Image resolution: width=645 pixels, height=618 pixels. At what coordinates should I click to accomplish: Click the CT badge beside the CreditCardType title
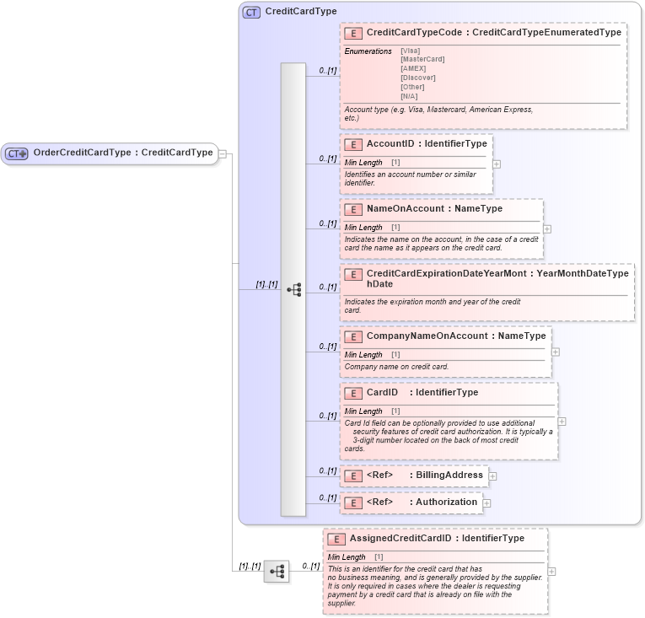coord(250,13)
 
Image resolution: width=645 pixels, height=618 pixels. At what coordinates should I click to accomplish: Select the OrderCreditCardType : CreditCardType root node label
coord(122,153)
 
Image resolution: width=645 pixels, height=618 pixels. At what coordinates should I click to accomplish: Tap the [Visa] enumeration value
coord(411,51)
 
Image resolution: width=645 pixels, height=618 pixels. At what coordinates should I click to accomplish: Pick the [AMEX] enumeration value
coord(413,68)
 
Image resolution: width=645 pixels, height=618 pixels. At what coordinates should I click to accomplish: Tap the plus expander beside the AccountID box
coord(497,164)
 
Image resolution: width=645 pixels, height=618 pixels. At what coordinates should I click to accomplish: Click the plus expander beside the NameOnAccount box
coord(547,228)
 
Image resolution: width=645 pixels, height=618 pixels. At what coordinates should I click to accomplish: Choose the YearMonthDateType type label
coord(583,273)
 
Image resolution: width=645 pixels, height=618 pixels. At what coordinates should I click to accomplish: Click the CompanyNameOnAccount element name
coord(427,336)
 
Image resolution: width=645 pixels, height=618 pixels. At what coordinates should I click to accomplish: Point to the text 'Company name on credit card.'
coord(396,367)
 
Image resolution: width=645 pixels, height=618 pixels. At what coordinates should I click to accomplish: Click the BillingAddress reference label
coord(449,476)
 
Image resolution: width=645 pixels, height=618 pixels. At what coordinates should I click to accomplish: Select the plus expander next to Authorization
coord(486,503)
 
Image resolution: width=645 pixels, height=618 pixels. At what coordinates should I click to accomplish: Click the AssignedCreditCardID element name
coord(400,538)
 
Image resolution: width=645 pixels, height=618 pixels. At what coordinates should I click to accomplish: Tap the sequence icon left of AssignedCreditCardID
coord(276,572)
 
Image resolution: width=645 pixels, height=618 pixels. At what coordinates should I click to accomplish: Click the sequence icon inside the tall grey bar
coord(293,289)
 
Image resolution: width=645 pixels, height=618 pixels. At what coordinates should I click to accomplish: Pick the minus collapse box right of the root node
coord(222,153)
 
